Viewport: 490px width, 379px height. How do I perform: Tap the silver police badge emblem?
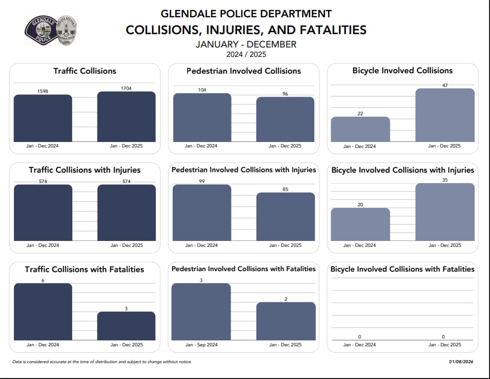(x=67, y=30)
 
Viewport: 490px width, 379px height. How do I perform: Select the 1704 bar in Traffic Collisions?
(x=126, y=117)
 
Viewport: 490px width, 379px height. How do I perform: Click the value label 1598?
(x=43, y=91)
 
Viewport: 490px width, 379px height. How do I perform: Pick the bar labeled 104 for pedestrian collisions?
(x=202, y=118)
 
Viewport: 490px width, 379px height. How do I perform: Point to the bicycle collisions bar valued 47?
(x=444, y=115)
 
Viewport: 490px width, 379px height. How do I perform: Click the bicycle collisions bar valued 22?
(x=360, y=130)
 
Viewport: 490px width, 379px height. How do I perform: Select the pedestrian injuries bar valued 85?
(x=286, y=217)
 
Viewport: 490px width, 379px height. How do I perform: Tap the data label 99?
(x=202, y=182)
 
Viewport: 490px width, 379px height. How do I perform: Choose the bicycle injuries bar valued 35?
(x=444, y=212)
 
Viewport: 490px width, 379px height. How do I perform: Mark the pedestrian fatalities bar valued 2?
(x=286, y=321)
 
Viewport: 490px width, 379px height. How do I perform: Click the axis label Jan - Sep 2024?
(x=201, y=344)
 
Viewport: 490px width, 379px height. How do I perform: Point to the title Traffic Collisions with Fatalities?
(x=85, y=270)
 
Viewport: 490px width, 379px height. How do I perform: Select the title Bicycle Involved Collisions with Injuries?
(x=402, y=170)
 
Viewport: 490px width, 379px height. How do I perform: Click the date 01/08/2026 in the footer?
(x=461, y=362)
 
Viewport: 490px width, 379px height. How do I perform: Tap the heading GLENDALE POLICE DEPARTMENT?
(x=246, y=13)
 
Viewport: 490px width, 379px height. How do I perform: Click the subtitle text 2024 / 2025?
(x=246, y=54)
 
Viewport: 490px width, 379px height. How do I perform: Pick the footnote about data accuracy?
(x=102, y=362)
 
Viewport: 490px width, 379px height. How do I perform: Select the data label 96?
(x=285, y=94)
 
